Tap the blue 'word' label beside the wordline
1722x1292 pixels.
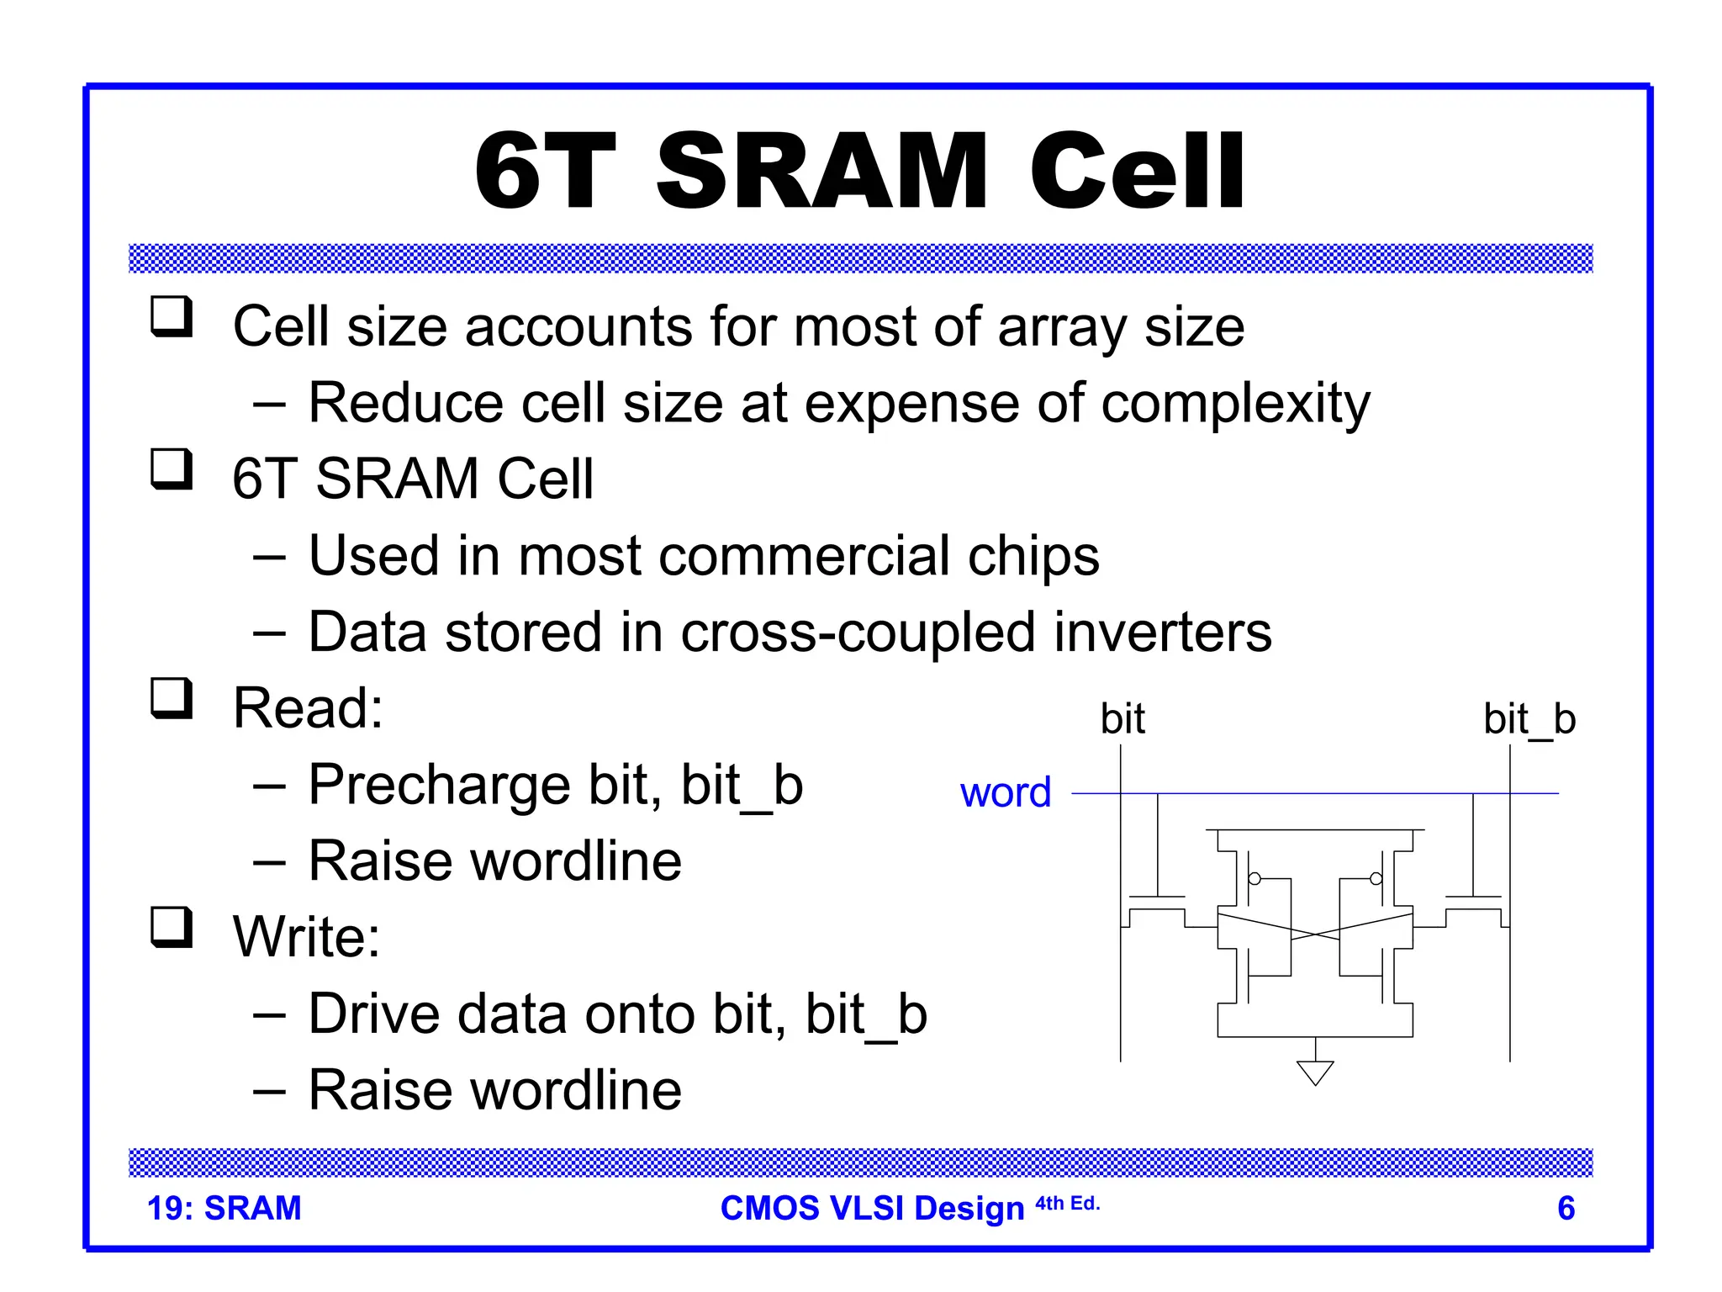[x=1006, y=792]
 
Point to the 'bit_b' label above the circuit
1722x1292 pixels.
[x=1529, y=719]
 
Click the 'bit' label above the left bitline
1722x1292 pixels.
[x=1122, y=719]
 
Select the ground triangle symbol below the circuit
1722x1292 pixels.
[x=1315, y=1072]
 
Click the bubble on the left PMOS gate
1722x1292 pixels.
[x=1255, y=879]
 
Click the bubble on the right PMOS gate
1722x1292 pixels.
[x=1376, y=879]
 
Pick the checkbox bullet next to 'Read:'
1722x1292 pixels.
[x=172, y=698]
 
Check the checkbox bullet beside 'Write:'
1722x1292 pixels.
[x=172, y=927]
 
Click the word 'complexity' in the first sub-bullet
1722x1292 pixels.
[x=1235, y=404]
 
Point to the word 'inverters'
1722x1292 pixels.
[x=1163, y=633]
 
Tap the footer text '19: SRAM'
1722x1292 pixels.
[x=224, y=1208]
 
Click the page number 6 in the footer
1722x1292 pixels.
[x=1566, y=1208]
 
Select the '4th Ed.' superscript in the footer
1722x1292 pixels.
[x=1067, y=1204]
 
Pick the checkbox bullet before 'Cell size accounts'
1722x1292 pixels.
[x=172, y=316]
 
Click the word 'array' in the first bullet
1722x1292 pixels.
[x=1062, y=327]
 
